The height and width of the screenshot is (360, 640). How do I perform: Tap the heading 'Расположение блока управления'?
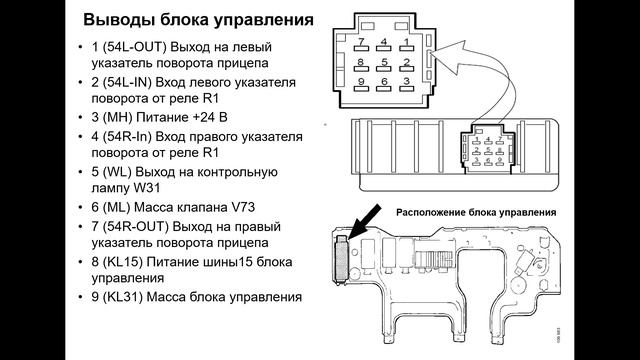pyautogui.click(x=475, y=212)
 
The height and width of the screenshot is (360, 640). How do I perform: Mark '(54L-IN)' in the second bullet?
pyautogui.click(x=127, y=83)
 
